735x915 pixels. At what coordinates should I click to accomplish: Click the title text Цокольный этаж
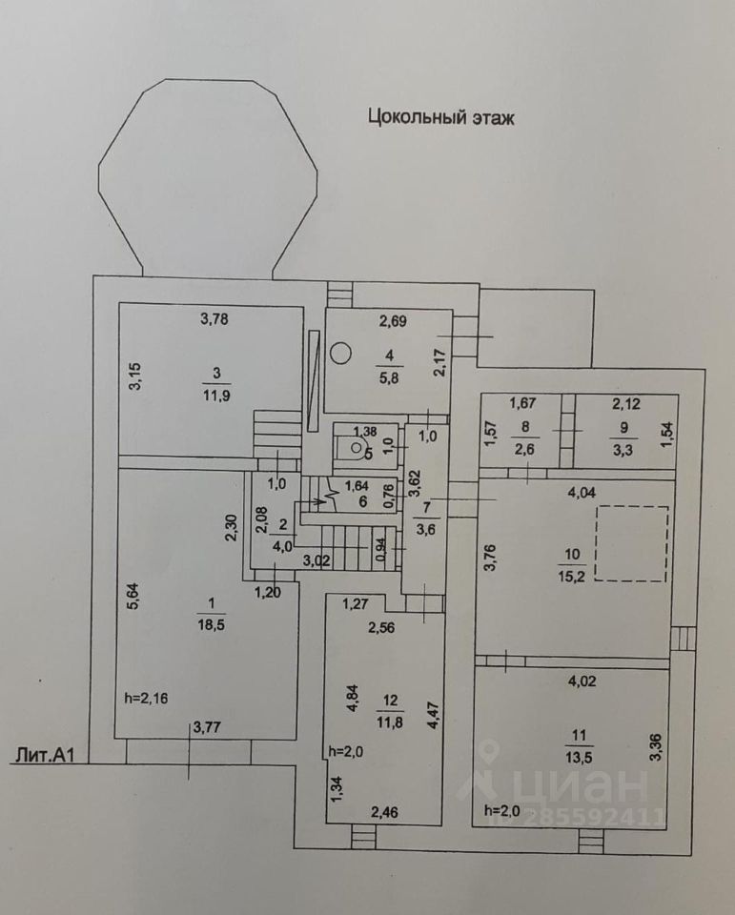pyautogui.click(x=440, y=117)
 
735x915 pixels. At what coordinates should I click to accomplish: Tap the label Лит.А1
pyautogui.click(x=46, y=755)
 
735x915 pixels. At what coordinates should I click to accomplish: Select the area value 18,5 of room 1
pyautogui.click(x=212, y=625)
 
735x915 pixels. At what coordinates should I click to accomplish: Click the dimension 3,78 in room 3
pyautogui.click(x=214, y=318)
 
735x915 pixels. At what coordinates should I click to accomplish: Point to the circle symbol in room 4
pyautogui.click(x=340, y=353)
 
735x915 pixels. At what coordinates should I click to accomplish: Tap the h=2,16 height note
pyautogui.click(x=147, y=698)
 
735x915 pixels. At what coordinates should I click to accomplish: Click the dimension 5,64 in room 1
pyautogui.click(x=133, y=598)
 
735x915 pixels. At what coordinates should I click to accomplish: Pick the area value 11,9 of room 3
pyautogui.click(x=216, y=396)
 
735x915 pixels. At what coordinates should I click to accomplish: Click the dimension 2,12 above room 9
pyautogui.click(x=626, y=403)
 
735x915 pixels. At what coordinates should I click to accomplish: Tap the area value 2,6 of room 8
pyautogui.click(x=525, y=450)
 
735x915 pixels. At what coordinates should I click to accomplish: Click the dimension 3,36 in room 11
pyautogui.click(x=656, y=747)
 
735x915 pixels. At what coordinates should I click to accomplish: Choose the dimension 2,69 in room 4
pyautogui.click(x=393, y=321)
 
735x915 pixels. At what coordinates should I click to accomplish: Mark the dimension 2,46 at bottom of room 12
pyautogui.click(x=384, y=812)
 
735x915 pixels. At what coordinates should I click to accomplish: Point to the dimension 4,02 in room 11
pyautogui.click(x=582, y=681)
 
